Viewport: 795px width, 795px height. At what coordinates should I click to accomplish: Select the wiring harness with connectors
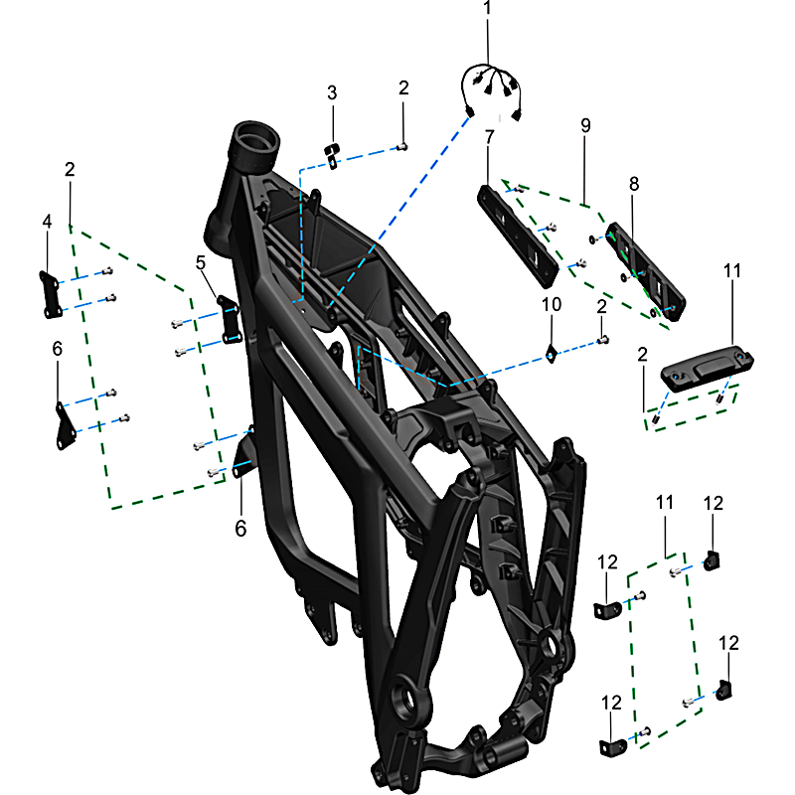click(x=491, y=91)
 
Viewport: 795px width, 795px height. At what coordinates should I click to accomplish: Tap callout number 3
click(x=332, y=92)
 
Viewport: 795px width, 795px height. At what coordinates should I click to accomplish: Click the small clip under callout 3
click(x=332, y=156)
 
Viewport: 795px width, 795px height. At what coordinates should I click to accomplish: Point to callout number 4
click(x=47, y=222)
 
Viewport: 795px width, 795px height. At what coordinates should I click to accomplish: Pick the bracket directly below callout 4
click(x=51, y=294)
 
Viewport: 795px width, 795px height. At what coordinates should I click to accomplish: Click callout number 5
click(x=201, y=262)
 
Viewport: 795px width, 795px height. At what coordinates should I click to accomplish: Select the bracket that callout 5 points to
click(x=230, y=319)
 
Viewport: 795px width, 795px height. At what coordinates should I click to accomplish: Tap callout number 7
click(x=489, y=137)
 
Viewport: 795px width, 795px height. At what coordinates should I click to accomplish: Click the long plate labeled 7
click(x=518, y=237)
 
